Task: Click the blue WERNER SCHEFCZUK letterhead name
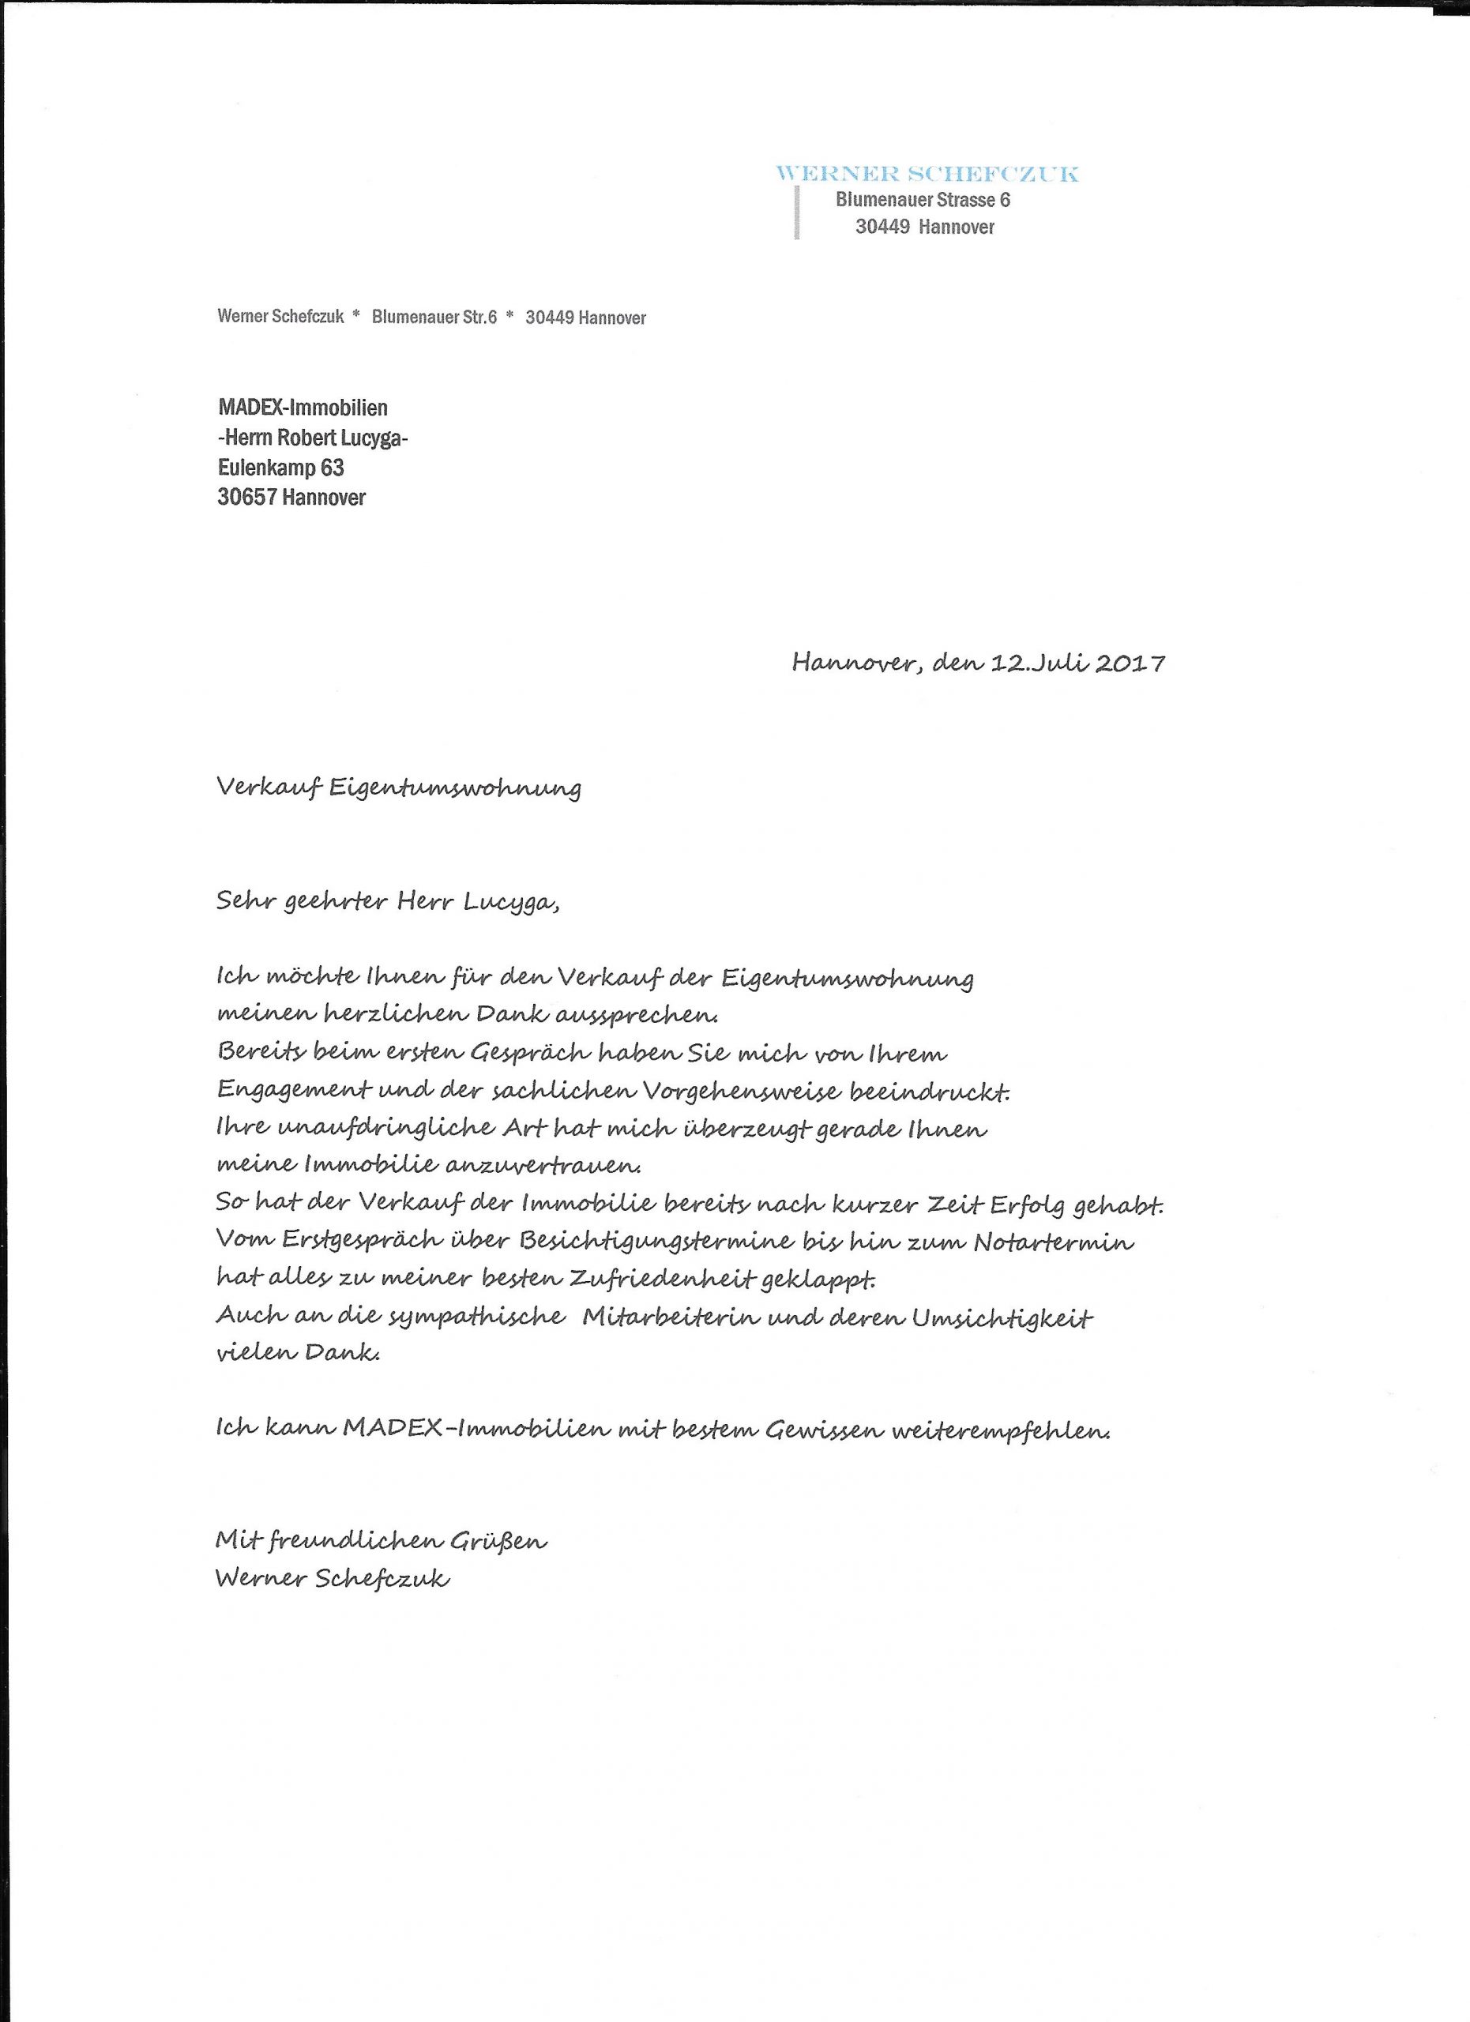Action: click(927, 173)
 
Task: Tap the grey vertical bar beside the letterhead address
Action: click(797, 212)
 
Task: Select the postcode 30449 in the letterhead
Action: click(882, 227)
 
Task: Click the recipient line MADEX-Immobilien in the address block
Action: click(303, 408)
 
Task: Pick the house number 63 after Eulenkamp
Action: click(332, 467)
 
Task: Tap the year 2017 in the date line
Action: click(1130, 663)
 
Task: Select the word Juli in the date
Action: click(1060, 663)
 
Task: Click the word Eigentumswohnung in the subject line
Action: click(456, 788)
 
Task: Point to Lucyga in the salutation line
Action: click(512, 902)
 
